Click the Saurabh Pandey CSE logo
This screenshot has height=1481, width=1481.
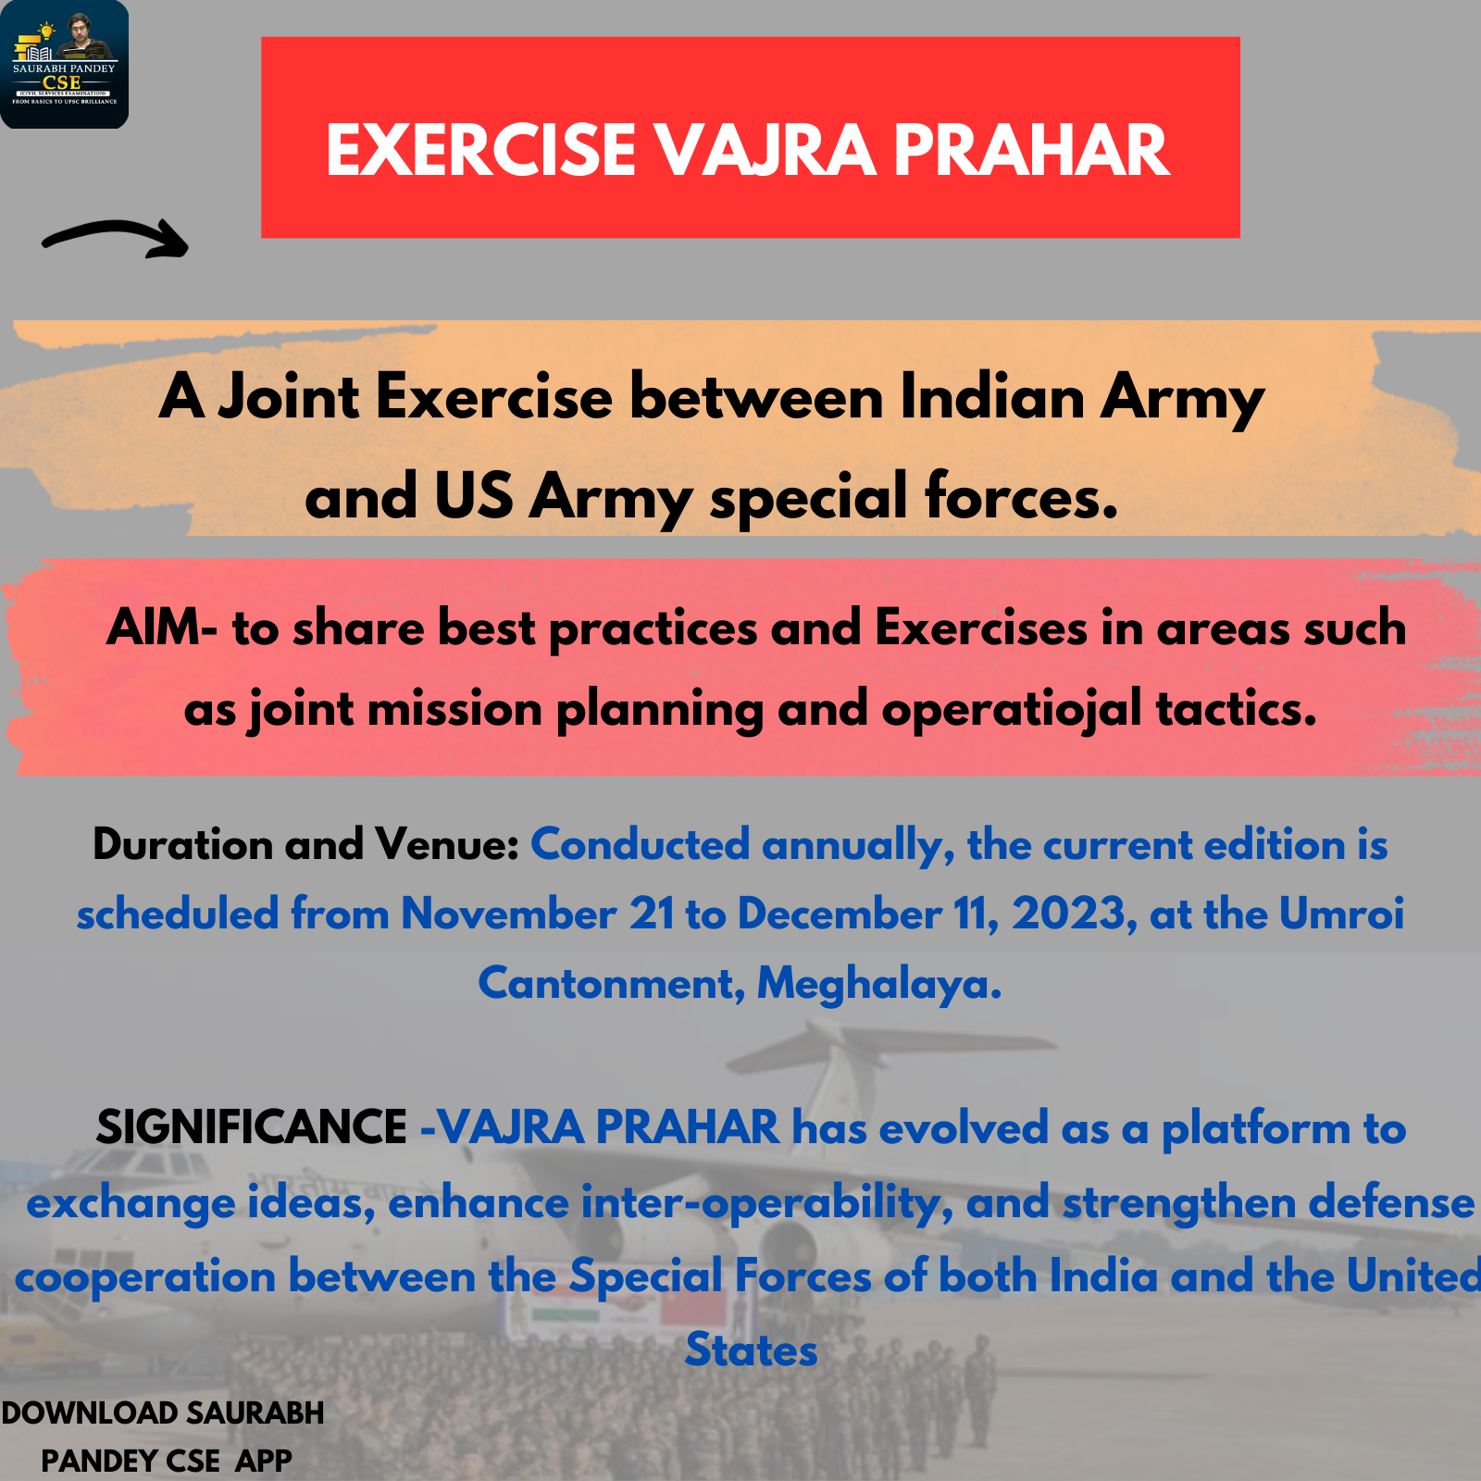[64, 64]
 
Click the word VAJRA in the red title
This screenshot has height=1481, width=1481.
[765, 150]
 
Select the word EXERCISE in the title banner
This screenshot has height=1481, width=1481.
[481, 150]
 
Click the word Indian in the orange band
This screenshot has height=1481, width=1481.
[991, 397]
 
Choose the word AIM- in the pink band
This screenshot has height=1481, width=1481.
[162, 628]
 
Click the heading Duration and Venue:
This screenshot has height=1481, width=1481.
[306, 844]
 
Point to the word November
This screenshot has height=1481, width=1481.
[509, 915]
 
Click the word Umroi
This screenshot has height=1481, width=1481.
[1342, 914]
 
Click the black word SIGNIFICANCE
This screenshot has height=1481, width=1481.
[252, 1127]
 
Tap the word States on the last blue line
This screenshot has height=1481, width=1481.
[752, 1350]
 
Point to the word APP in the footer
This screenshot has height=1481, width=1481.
[264, 1461]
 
